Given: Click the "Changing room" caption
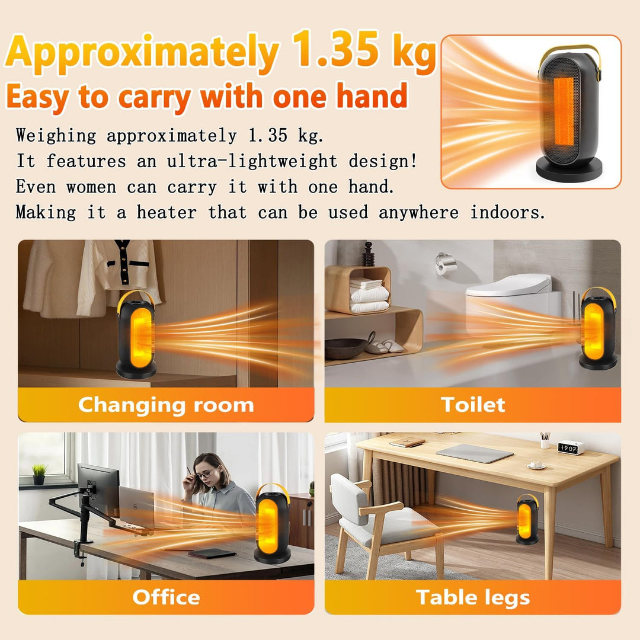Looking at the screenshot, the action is tap(166, 405).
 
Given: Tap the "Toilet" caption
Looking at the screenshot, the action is tap(473, 405).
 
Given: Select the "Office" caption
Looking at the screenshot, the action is tap(166, 597).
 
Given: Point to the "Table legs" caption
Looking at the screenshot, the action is tap(473, 597).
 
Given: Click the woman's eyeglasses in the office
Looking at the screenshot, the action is tap(205, 474).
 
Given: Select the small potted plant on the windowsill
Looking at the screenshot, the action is tap(39, 474).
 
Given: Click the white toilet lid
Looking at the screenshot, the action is tap(509, 284).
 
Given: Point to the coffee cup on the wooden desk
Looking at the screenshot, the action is tap(536, 465).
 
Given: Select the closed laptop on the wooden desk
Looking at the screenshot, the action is tap(474, 453).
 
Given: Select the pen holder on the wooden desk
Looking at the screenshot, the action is tap(545, 441).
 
